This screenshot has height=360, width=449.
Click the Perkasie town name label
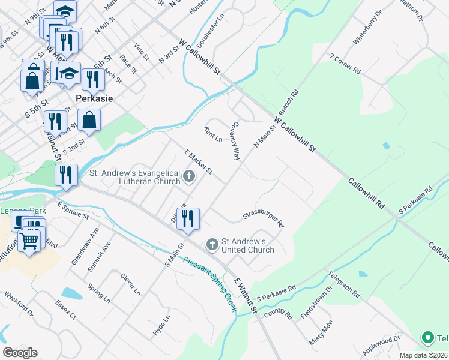click(x=95, y=98)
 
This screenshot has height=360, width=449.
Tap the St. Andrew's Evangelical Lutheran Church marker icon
click(x=190, y=176)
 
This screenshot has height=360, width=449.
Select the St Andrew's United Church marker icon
click(x=211, y=244)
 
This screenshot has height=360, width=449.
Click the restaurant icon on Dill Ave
click(x=190, y=218)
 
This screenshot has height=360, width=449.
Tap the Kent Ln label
click(x=213, y=134)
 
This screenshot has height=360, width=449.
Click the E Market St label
click(x=199, y=162)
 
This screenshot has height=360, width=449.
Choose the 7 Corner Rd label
click(x=345, y=64)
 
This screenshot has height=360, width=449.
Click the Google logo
click(x=20, y=353)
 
